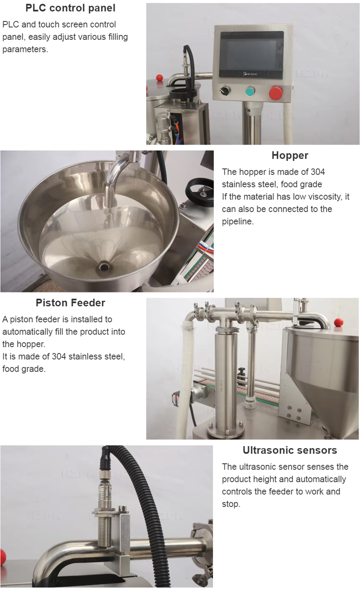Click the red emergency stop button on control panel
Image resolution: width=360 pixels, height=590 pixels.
276,93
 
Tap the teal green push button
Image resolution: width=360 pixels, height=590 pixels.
250,91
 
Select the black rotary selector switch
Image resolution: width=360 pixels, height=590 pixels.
225,90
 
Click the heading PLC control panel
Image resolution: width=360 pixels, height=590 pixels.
70,8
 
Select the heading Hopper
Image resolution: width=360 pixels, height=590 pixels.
290,155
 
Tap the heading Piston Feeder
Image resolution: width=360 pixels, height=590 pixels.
70,303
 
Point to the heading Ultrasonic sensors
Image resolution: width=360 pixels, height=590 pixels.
290,450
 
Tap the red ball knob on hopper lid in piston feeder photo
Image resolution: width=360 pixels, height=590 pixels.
338,323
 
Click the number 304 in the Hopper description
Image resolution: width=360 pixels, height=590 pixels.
317,172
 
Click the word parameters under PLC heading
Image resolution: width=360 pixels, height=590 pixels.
25,49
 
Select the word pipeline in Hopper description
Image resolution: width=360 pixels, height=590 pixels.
237,222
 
